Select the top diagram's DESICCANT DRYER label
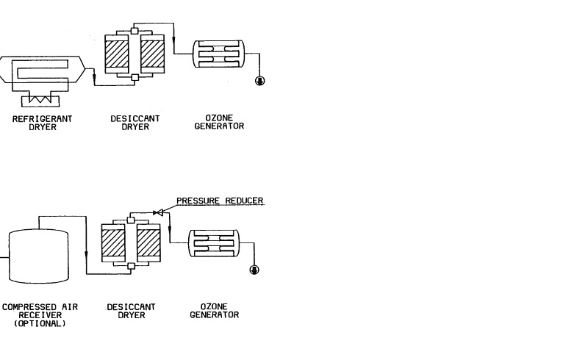[134, 121]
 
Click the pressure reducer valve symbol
[157, 212]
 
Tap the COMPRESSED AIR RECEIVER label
[40, 311]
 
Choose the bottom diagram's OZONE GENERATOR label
[214, 311]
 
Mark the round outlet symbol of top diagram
[259, 80]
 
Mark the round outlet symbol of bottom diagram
[254, 270]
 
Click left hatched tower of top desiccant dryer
[118, 54]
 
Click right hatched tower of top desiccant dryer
[152, 54]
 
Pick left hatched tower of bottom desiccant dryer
[114, 243]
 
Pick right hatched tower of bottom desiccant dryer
[148, 243]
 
